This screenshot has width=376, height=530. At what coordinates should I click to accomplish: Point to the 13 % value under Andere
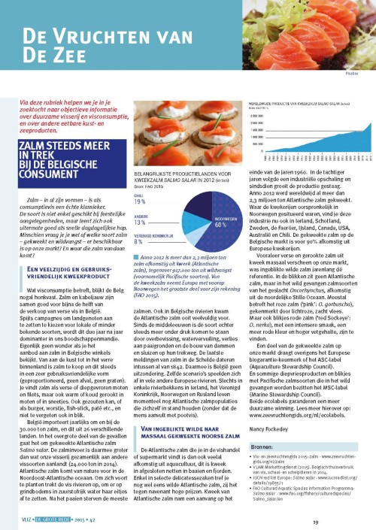pyautogui.click(x=139, y=223)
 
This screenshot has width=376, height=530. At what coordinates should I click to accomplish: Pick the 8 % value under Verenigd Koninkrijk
pyautogui.click(x=138, y=242)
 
